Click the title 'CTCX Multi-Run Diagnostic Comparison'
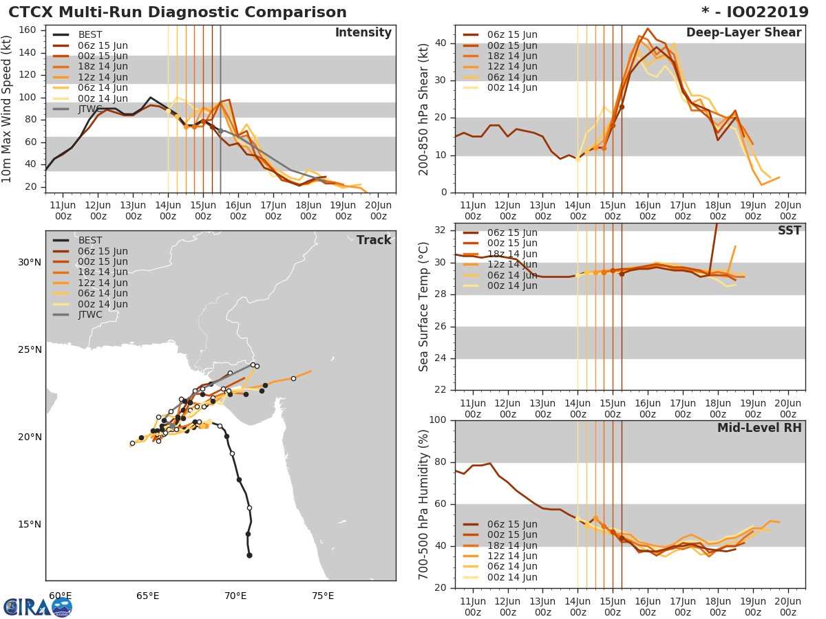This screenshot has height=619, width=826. click(178, 12)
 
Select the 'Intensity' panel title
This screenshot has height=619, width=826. click(363, 33)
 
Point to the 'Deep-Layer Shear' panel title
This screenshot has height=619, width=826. click(743, 33)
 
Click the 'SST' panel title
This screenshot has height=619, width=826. click(790, 230)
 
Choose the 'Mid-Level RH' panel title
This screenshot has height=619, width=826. click(759, 428)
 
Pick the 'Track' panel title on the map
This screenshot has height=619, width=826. click(374, 240)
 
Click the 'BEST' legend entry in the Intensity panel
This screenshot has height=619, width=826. click(90, 35)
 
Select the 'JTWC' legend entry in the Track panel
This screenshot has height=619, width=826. click(90, 314)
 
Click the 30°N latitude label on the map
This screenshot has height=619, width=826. click(30, 262)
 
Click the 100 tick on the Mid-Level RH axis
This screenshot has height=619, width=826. click(439, 420)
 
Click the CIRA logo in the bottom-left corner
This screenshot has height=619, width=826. click(37, 607)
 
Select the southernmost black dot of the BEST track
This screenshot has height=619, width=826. click(249, 555)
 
